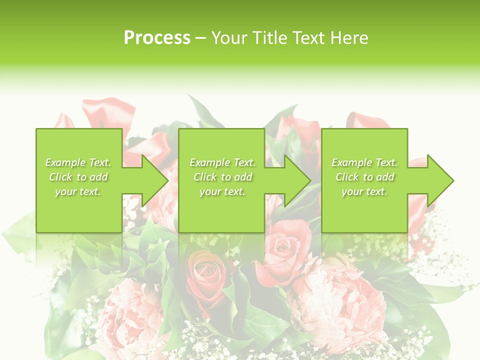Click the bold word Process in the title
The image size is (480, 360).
(157, 38)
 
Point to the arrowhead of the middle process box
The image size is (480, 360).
(297, 180)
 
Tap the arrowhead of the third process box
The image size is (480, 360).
(440, 180)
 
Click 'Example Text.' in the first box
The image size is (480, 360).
(78, 162)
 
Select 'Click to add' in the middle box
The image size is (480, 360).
(222, 177)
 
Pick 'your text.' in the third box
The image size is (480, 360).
(364, 191)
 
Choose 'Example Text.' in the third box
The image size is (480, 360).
(364, 162)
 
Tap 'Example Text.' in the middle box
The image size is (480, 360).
(222, 162)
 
